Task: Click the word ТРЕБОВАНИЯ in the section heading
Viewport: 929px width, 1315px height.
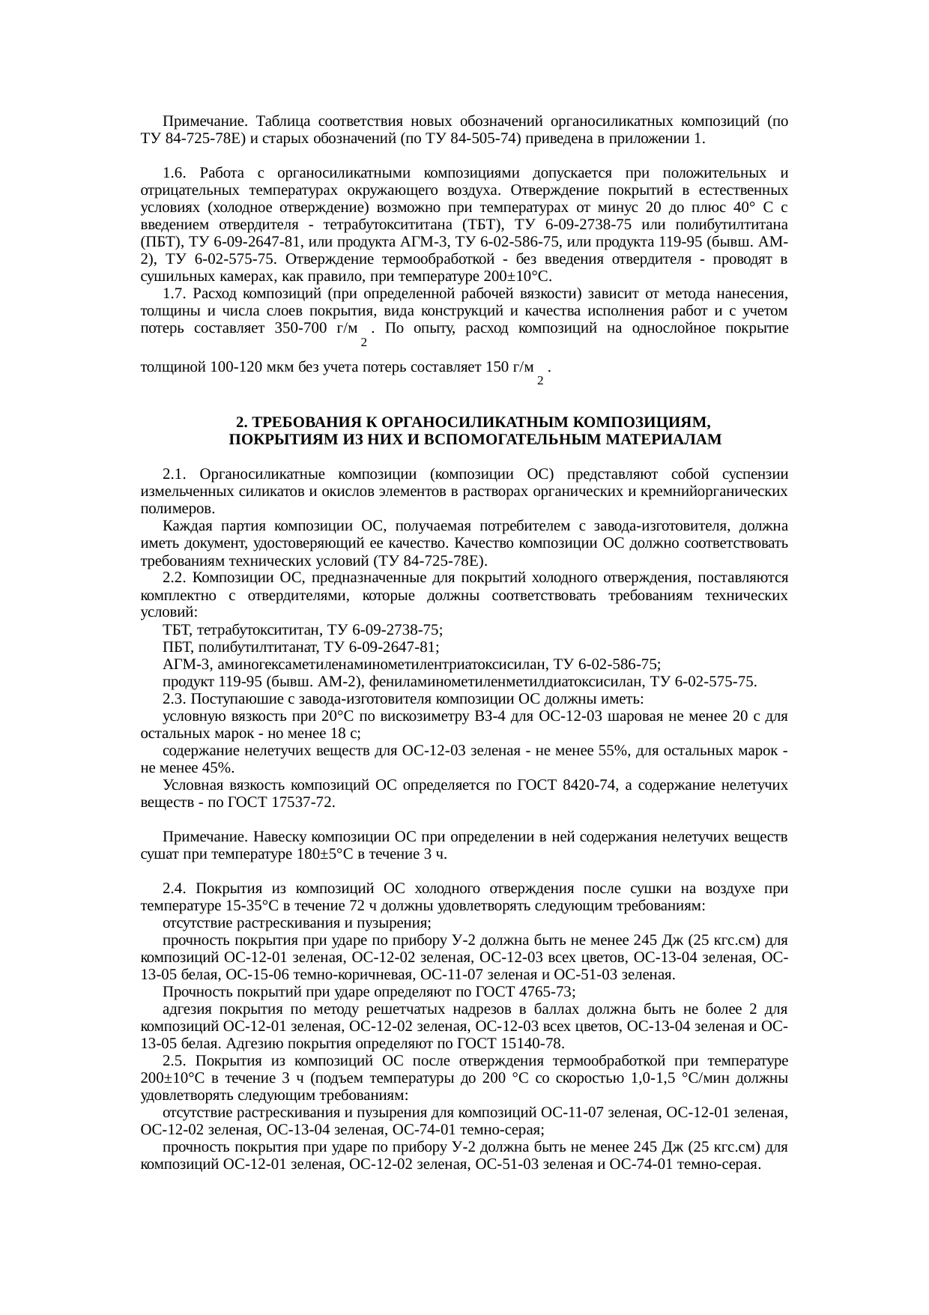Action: click(297, 422)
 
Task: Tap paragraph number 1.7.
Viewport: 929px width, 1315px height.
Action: click(175, 293)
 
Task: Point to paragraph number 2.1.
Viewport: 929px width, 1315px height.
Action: click(175, 474)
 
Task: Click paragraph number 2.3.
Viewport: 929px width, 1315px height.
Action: click(175, 699)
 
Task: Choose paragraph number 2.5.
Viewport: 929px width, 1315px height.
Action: click(175, 1061)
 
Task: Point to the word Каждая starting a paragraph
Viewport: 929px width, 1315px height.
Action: click(184, 526)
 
